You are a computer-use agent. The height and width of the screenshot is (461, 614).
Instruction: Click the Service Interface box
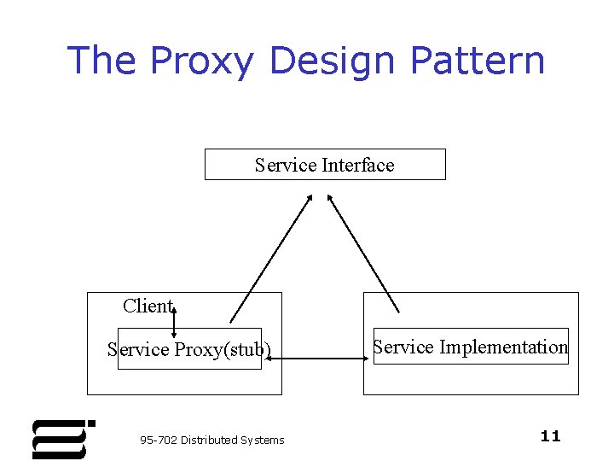pos(325,165)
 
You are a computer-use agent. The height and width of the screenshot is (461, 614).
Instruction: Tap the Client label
pos(147,306)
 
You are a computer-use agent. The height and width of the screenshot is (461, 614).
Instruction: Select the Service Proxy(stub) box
pos(189,349)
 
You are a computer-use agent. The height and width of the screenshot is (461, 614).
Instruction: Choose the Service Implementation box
pos(470,347)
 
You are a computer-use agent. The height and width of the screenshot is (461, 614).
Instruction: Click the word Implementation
pos(503,347)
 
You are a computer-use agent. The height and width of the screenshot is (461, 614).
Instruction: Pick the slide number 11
pos(550,436)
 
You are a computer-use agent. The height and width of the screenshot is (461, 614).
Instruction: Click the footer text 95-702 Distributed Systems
pos(211,440)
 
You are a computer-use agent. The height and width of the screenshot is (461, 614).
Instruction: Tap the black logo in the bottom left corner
pos(61,439)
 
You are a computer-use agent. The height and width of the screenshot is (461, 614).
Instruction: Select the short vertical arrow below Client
pos(174,323)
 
